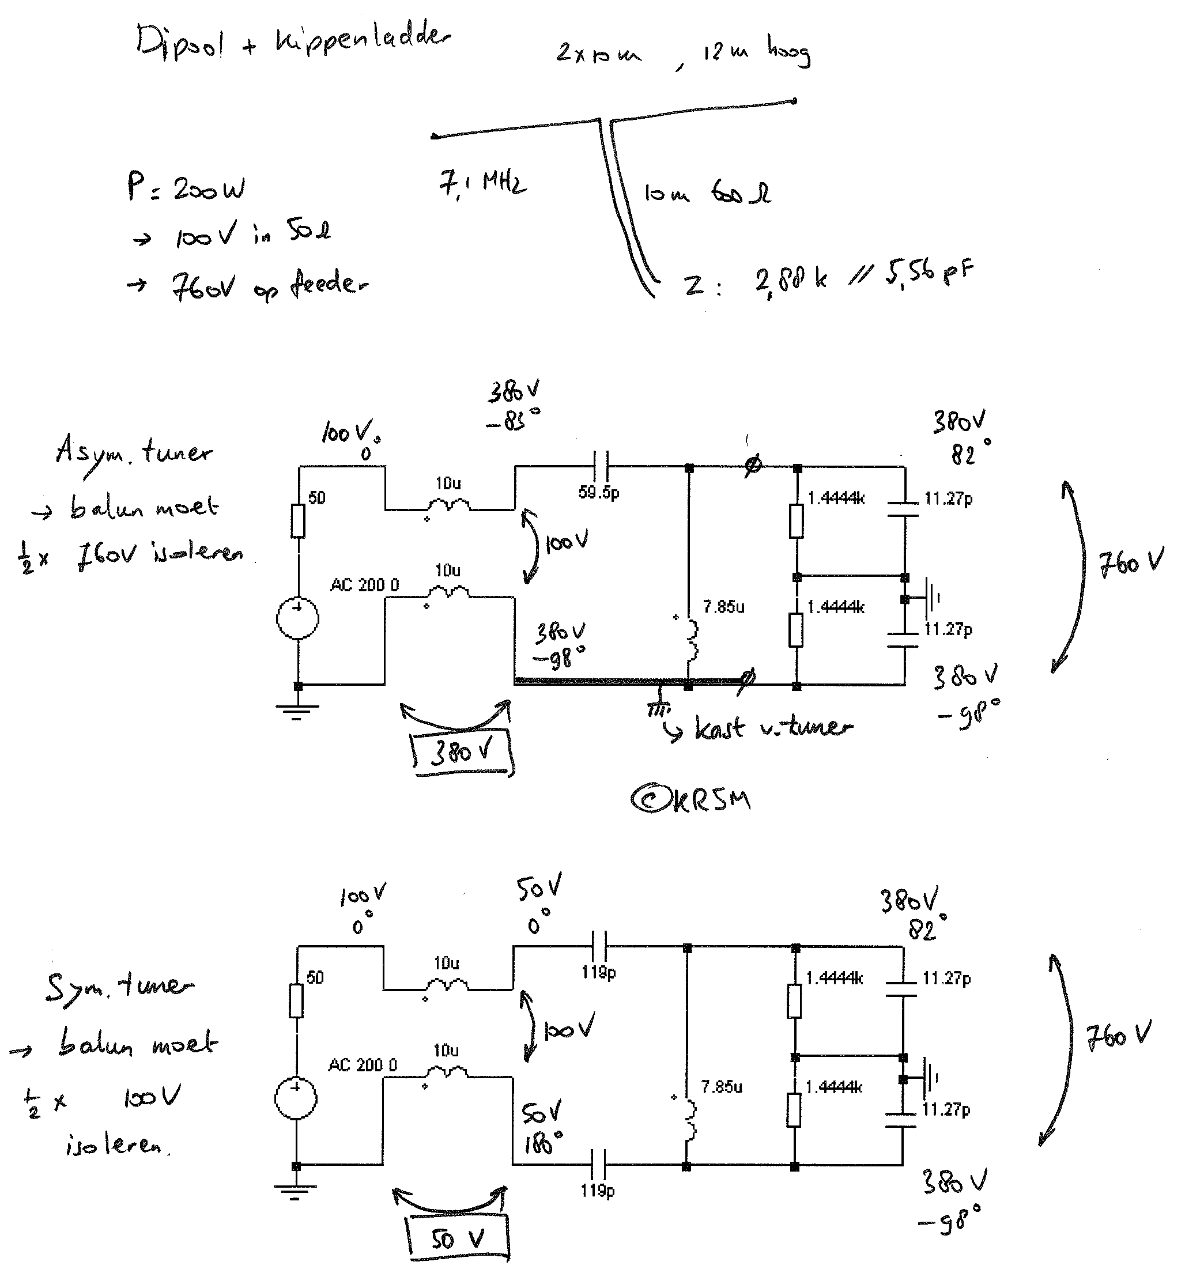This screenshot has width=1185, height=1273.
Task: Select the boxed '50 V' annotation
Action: [458, 1239]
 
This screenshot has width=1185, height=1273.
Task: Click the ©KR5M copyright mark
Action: [690, 800]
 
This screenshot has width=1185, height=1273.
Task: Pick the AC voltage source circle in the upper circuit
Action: [297, 618]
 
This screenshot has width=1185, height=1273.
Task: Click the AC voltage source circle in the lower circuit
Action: [295, 1098]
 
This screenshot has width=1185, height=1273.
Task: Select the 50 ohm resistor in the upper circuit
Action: [298, 520]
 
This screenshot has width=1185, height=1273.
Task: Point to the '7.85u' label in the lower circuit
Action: [721, 1087]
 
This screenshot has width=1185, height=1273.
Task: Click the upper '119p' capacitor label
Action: [598, 972]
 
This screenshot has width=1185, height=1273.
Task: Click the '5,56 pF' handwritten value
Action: [929, 273]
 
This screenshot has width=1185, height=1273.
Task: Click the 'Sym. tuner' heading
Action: [119, 985]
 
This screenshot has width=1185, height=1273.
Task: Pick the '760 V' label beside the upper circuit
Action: [1131, 563]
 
